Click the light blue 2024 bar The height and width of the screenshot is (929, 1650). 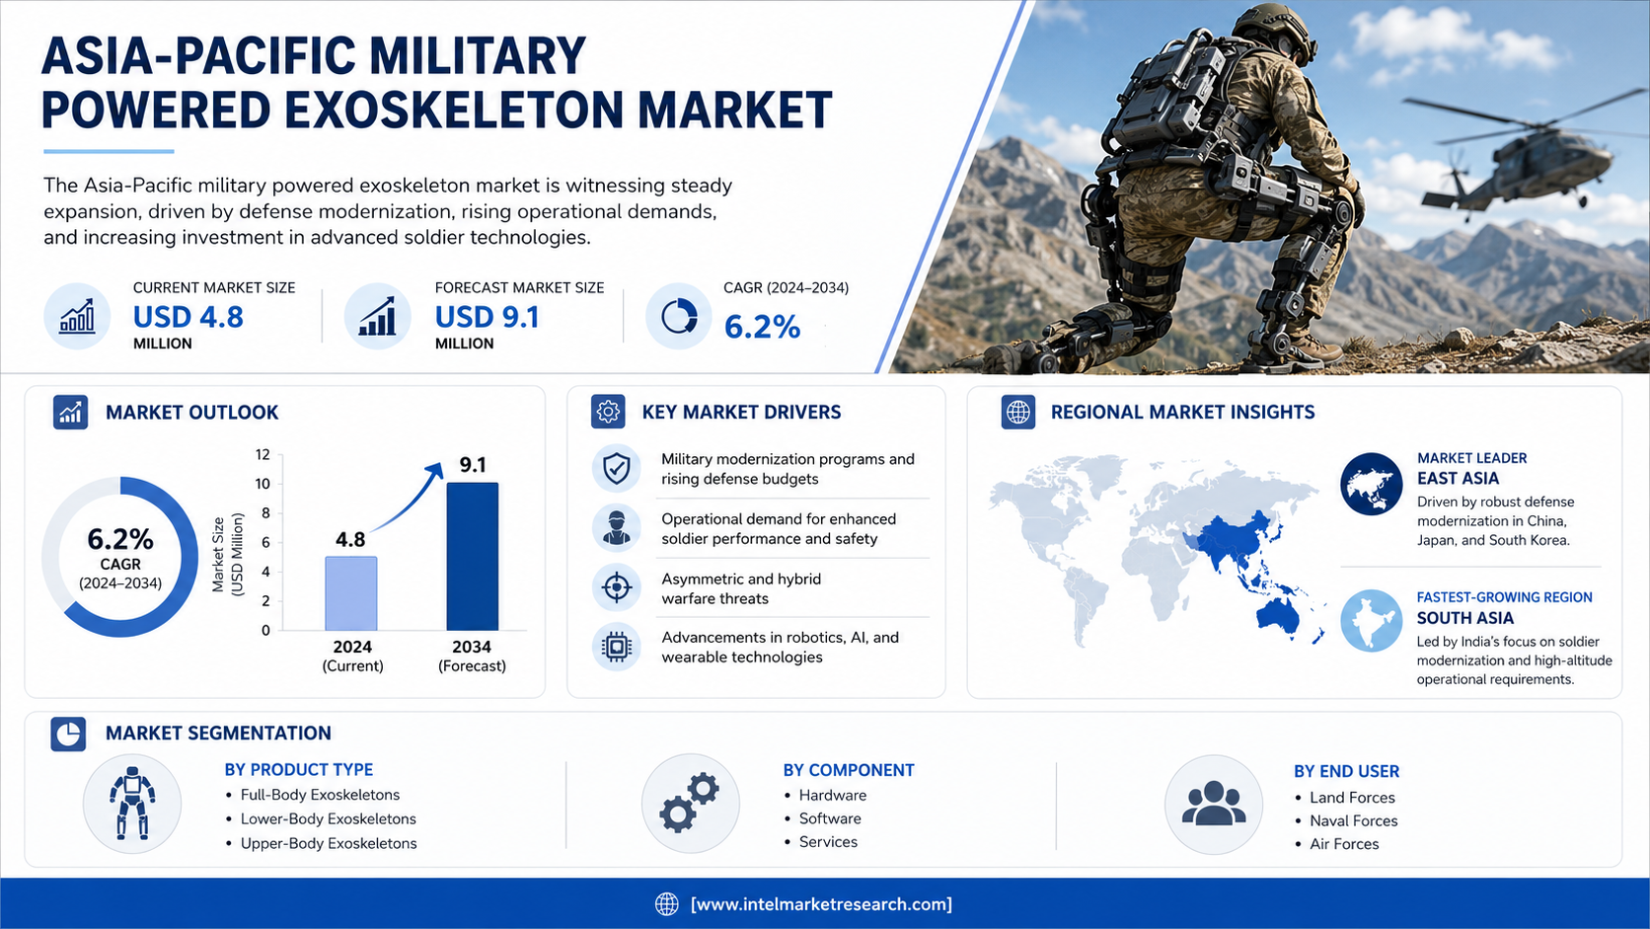pos(351,593)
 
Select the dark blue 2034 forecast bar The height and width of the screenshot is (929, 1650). pos(472,556)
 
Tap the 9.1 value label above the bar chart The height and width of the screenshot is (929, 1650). pos(473,465)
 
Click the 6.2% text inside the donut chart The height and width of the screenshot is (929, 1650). pos(120,539)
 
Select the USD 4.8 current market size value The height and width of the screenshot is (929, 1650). pos(187,318)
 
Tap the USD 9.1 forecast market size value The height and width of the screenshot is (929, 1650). pos(487,318)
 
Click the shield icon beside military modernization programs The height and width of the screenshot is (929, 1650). pos(617,469)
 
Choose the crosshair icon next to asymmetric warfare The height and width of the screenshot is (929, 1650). pos(617,587)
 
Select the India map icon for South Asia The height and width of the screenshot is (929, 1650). pos(1371,620)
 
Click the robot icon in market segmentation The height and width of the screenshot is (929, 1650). pos(132,804)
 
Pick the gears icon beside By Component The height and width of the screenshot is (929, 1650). pos(690,803)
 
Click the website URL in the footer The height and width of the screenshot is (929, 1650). pos(821,904)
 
